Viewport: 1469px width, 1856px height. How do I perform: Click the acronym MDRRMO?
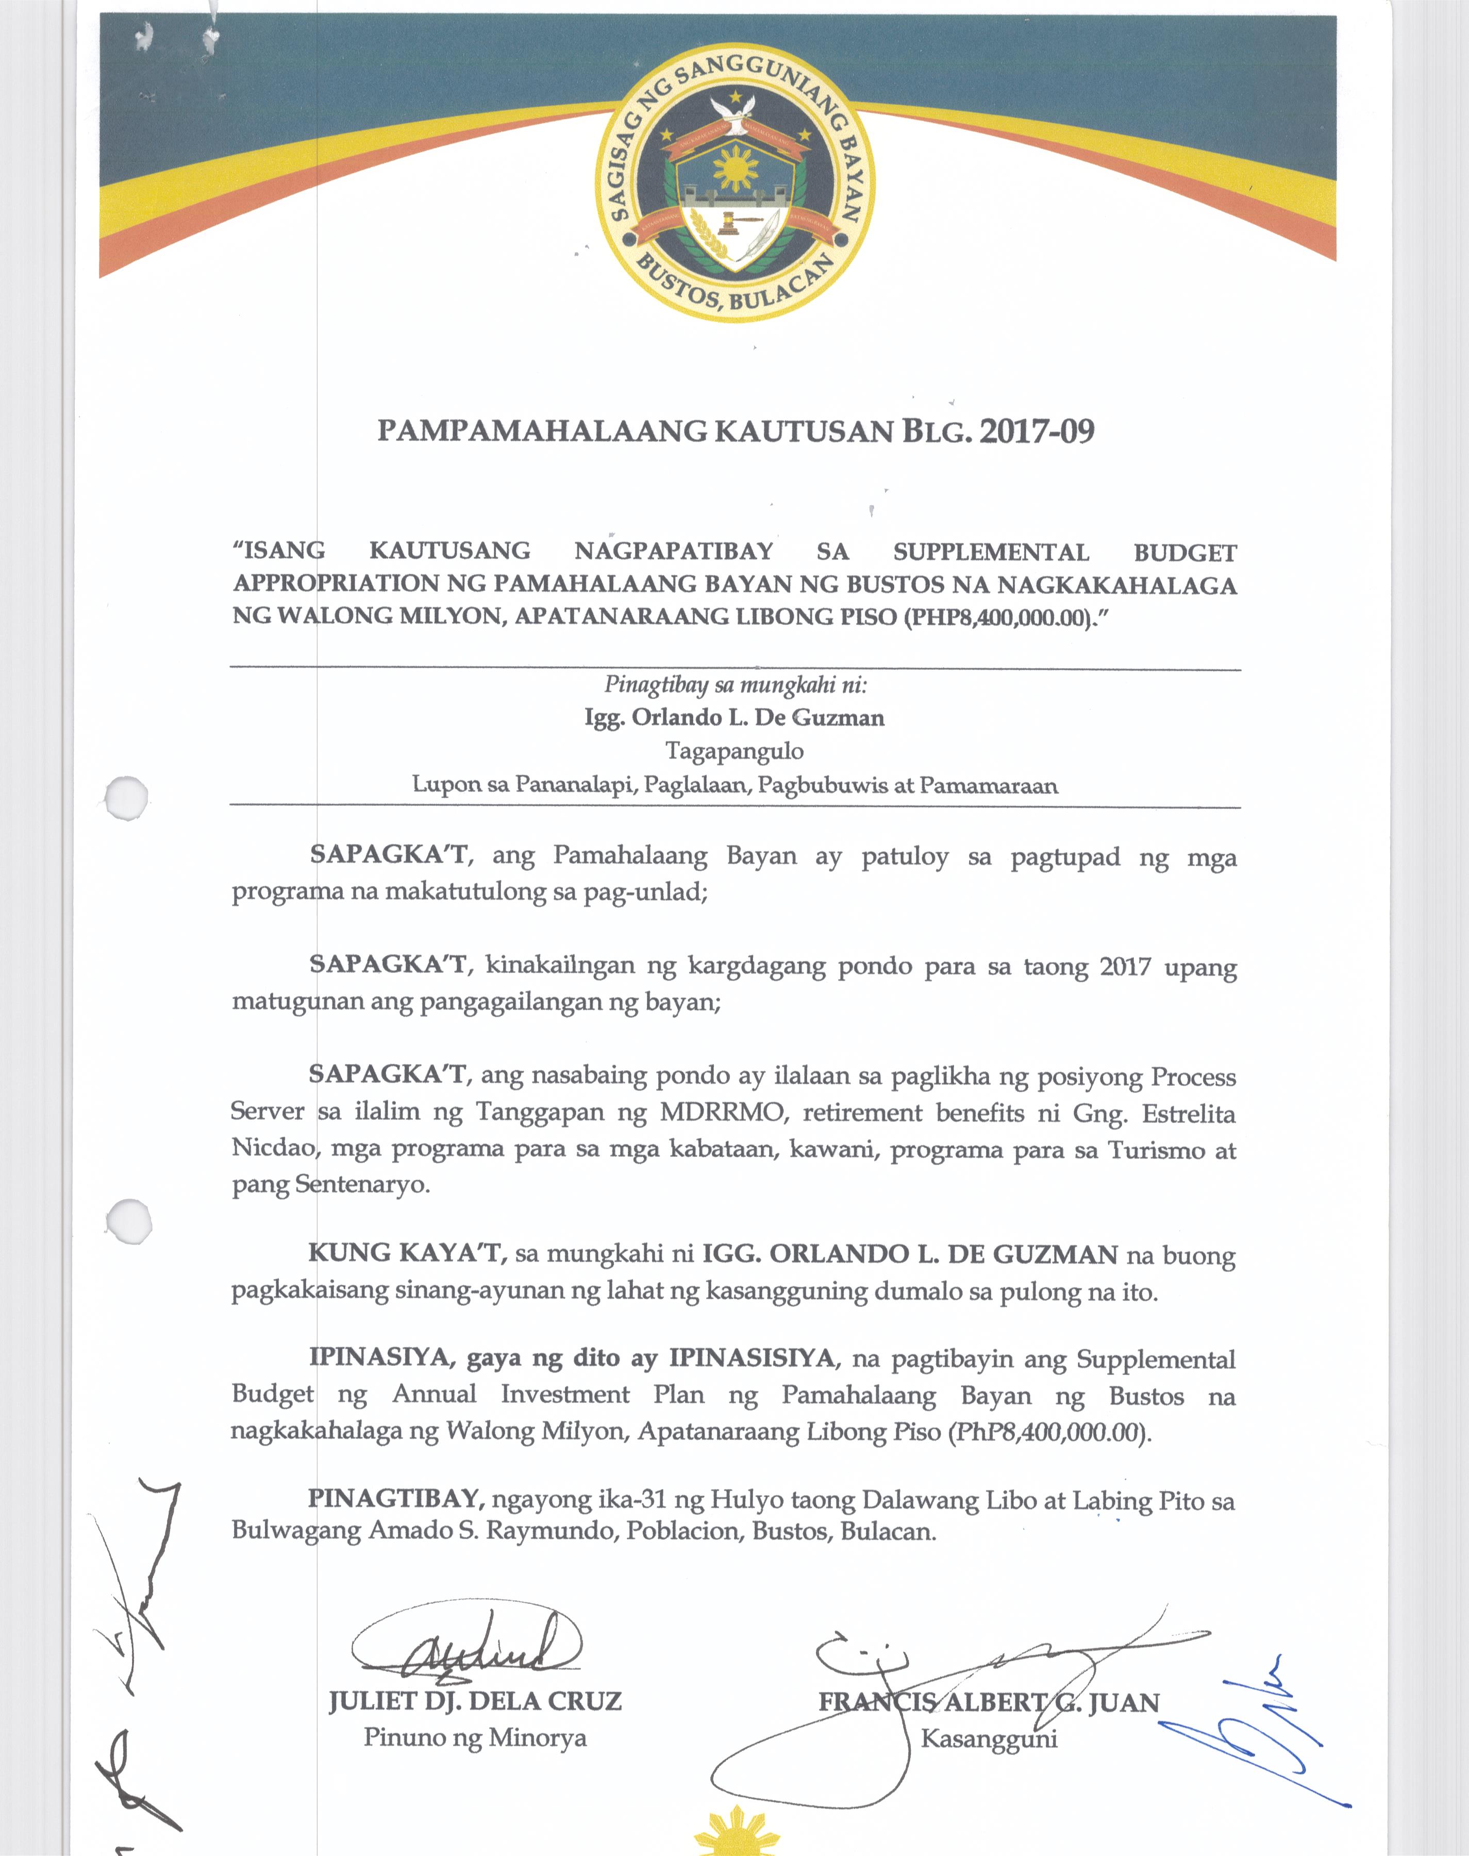click(721, 1113)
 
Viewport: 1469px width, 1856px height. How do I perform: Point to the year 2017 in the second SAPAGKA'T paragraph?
click(1125, 967)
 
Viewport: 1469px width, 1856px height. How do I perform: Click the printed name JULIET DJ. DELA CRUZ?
click(475, 1702)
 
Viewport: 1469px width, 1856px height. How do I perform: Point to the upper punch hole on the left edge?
click(126, 800)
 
